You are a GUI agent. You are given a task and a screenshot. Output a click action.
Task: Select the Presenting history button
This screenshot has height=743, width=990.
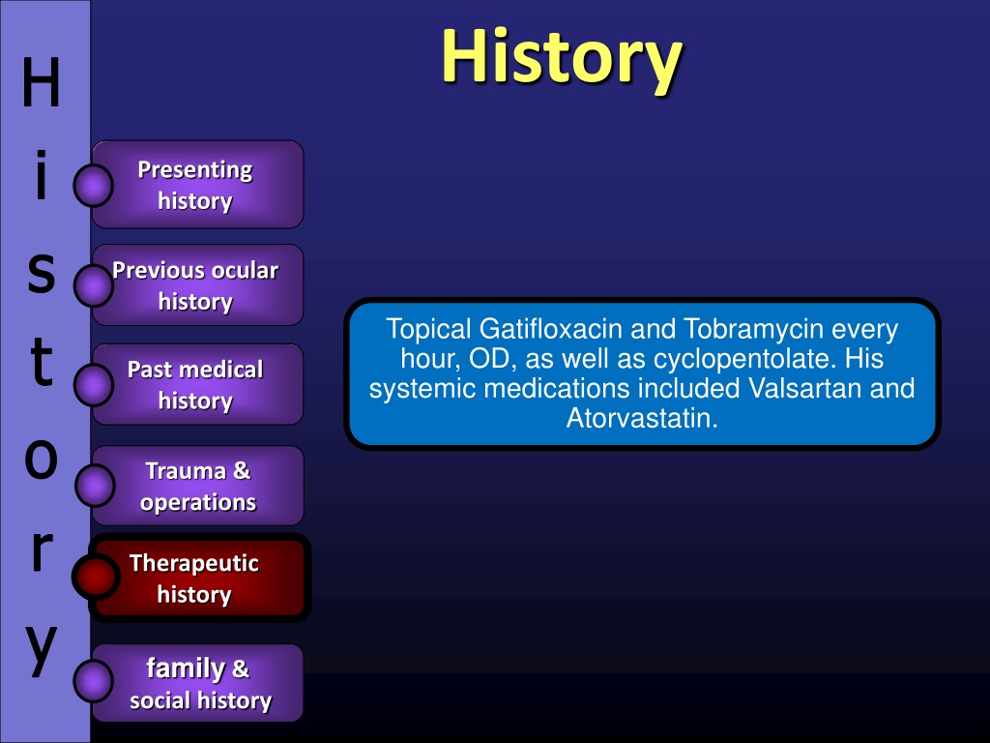click(197, 185)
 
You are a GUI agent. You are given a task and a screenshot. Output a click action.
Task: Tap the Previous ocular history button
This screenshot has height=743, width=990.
click(197, 285)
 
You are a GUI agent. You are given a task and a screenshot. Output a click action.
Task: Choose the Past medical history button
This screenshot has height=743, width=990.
click(197, 384)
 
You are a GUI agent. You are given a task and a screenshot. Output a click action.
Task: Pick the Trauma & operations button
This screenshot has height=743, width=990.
click(197, 486)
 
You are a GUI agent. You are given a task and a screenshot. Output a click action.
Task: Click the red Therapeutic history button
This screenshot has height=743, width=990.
click(199, 578)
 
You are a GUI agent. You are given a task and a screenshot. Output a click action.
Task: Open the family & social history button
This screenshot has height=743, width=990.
click(197, 683)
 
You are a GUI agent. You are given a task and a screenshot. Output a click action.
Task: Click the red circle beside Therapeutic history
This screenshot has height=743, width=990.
click(96, 577)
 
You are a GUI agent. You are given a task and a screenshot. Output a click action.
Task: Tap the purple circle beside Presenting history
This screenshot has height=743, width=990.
click(94, 186)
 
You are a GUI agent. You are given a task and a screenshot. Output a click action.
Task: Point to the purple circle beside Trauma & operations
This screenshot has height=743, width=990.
click(95, 486)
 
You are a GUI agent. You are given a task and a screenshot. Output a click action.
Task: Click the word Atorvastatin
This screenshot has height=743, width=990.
click(642, 418)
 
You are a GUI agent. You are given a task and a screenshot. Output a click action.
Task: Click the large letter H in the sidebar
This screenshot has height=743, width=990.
click(41, 82)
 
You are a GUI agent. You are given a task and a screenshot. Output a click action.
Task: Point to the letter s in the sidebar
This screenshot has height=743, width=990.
click(41, 273)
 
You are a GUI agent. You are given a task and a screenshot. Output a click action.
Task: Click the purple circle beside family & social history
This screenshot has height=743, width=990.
click(94, 682)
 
